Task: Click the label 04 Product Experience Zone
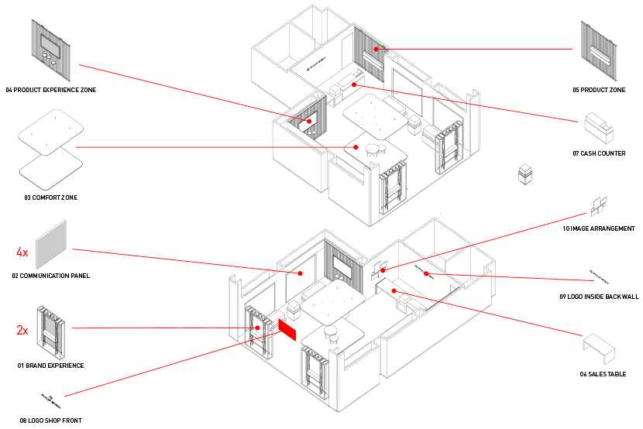[x=50, y=91]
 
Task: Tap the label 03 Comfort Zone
[x=50, y=197]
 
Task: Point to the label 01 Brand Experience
[x=50, y=366]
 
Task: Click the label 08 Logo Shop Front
[x=50, y=420]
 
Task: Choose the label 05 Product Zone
[x=599, y=91]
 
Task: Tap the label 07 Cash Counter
[x=599, y=153]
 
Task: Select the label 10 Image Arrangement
[x=599, y=229]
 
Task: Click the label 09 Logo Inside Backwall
[x=599, y=297]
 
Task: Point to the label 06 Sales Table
[x=603, y=374]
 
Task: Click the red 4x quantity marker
[x=22, y=252]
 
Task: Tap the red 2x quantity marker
[x=22, y=330]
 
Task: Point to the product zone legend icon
[x=598, y=51]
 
